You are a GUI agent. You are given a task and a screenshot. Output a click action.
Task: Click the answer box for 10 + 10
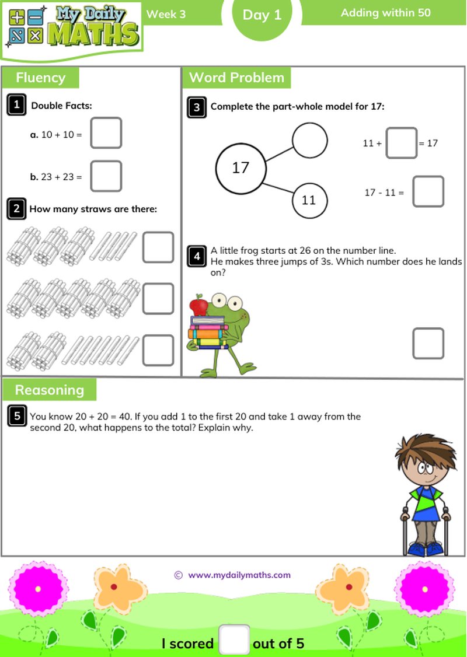[106, 133]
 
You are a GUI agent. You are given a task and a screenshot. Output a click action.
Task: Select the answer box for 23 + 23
[106, 176]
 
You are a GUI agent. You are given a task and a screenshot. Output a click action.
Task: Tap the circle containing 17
[241, 169]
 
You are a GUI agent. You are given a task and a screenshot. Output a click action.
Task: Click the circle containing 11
[309, 200]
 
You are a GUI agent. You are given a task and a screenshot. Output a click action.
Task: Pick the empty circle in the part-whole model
[309, 140]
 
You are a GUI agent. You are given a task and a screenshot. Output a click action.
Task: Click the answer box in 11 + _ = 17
[401, 143]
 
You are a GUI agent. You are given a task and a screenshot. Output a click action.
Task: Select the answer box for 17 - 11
[428, 192]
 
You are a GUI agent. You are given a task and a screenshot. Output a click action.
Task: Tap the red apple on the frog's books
[199, 306]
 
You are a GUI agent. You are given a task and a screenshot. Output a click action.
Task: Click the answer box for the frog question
[428, 343]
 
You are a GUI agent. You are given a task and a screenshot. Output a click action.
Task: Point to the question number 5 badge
[17, 416]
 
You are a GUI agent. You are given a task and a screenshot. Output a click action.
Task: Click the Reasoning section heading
[49, 390]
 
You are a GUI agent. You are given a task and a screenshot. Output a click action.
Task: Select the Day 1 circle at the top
[262, 15]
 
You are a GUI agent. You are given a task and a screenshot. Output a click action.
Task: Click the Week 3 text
[166, 14]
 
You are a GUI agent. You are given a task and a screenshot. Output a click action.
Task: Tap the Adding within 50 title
[385, 12]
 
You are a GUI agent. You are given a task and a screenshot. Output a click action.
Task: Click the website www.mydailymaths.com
[239, 575]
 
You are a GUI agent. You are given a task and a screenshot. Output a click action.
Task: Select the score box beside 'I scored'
[234, 640]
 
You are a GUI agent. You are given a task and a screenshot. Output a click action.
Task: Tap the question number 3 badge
[197, 107]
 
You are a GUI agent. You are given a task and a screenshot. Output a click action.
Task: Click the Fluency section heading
[40, 78]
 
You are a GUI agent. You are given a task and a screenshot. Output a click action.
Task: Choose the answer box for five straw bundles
[158, 299]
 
